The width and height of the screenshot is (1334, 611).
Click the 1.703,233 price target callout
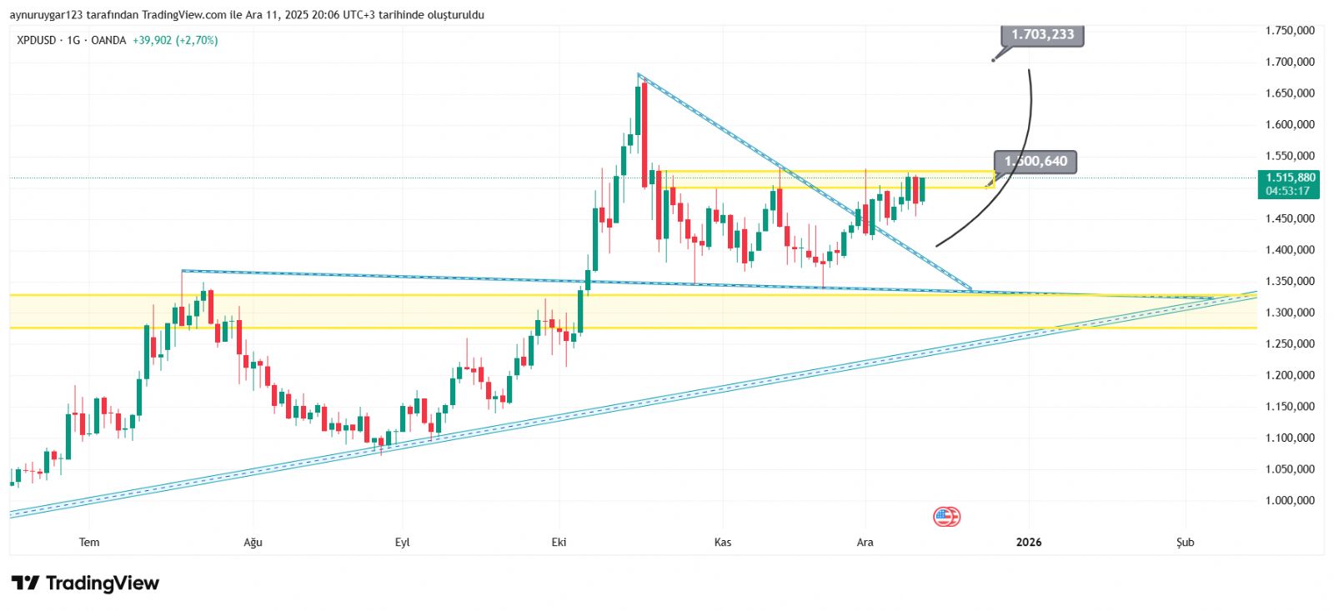point(1042,34)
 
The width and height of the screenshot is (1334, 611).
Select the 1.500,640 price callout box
point(1036,162)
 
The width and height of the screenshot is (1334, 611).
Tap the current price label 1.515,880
point(1290,178)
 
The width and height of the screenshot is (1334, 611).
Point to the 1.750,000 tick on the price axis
point(1290,31)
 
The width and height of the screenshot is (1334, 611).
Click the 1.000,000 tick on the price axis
point(1290,500)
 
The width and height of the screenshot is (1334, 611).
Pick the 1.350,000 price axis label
point(1290,281)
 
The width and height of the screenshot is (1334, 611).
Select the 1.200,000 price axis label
point(1290,375)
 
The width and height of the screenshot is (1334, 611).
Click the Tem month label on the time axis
point(89,543)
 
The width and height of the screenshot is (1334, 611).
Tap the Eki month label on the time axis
point(559,543)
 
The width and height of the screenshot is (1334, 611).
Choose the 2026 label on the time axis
point(1029,543)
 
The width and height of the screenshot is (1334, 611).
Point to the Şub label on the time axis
point(1185,543)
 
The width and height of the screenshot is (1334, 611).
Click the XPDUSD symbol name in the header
point(37,40)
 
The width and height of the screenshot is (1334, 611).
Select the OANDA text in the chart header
point(108,40)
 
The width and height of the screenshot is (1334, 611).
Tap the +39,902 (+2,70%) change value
point(175,40)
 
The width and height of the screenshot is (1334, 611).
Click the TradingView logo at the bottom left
point(85,583)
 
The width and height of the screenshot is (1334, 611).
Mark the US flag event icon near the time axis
point(946,517)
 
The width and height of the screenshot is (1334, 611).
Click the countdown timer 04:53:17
point(1287,191)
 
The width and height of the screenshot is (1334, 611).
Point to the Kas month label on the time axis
point(723,543)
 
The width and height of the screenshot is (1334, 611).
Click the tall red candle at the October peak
point(644,133)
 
